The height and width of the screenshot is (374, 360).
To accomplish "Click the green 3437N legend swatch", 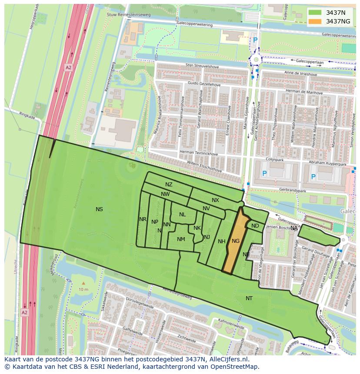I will coord(315,13).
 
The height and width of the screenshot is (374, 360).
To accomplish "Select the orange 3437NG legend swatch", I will coord(315,21).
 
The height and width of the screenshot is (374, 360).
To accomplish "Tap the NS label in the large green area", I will coord(99,209).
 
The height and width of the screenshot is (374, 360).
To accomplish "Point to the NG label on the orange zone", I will coord(236,241).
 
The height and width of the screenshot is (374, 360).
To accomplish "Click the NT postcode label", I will coord(249,298).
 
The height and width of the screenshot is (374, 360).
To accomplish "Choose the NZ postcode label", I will coord(169,185).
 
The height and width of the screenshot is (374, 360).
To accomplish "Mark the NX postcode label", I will coord(215,200).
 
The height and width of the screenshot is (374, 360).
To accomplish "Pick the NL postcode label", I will coord(182,215).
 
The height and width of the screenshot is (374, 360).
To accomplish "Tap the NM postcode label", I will coord(181,239).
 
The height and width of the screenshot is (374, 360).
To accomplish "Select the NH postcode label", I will coord(221,242).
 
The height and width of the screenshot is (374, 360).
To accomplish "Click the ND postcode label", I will coord(255,226).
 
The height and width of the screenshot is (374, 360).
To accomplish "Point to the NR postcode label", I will coord(143,219).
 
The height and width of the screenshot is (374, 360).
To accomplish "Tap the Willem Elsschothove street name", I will coord(204,168).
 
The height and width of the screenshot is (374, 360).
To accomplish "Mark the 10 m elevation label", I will coord(83,290).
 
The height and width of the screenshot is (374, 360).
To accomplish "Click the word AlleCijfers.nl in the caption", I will coord(228,359).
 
